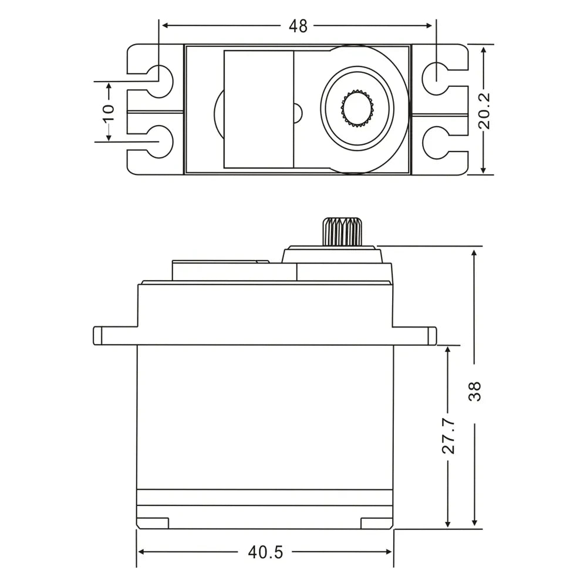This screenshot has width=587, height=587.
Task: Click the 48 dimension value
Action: coord(298,26)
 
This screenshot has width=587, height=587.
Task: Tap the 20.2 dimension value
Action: coord(484,110)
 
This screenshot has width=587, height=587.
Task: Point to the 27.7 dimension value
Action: coord(448,436)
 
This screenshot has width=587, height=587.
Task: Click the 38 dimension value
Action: coord(474,390)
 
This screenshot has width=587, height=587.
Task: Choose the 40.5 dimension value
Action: coord(265,552)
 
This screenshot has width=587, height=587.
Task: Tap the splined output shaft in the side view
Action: coord(341,232)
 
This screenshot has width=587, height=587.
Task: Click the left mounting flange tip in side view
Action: coord(97,335)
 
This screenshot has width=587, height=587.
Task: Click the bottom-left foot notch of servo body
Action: coord(154,522)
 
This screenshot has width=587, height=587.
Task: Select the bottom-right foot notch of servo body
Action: coord(376,522)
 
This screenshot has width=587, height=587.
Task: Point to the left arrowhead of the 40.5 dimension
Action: coord(141,552)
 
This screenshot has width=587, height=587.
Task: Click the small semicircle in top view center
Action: coord(297,112)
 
